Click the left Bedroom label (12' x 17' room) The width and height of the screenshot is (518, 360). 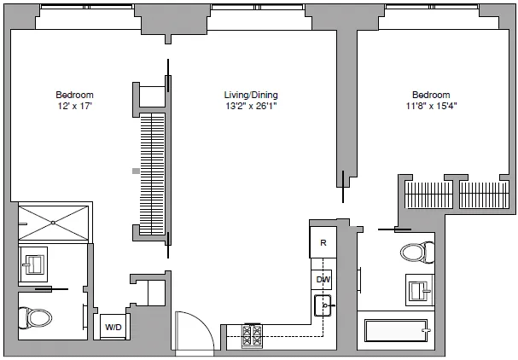[74, 95]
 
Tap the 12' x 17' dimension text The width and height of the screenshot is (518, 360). [74, 107]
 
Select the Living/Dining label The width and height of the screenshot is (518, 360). [251, 95]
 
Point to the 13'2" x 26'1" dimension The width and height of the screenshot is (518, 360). [251, 107]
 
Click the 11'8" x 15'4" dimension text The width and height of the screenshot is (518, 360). [431, 107]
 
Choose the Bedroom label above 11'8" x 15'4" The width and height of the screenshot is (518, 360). [431, 95]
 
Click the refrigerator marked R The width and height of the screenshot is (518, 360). [323, 242]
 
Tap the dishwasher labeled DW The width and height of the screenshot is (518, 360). [323, 279]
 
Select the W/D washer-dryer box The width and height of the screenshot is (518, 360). [113, 327]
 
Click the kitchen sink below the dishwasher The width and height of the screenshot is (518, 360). [323, 303]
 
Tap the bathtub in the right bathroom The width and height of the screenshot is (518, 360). [395, 331]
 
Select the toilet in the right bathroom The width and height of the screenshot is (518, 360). [414, 253]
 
